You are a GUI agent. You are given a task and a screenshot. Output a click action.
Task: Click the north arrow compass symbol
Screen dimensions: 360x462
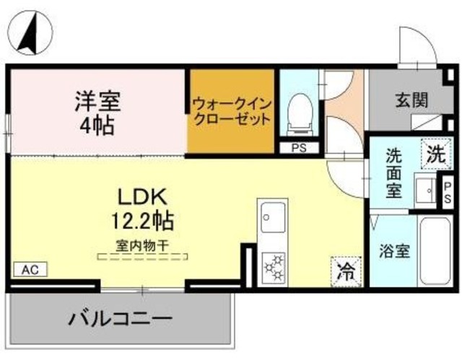point(30,32)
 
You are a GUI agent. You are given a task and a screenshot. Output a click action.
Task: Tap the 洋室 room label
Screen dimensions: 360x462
point(95,99)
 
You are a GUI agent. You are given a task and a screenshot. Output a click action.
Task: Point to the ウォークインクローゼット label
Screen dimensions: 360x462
point(232,111)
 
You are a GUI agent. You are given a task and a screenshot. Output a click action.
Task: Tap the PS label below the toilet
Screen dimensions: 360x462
point(299,149)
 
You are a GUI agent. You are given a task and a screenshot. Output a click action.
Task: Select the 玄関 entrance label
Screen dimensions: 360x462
point(411,101)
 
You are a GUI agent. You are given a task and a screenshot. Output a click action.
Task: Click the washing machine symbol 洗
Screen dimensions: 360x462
point(434,153)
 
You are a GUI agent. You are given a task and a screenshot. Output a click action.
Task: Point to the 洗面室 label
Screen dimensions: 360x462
point(393,173)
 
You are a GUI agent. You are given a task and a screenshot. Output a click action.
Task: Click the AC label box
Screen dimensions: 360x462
point(30,270)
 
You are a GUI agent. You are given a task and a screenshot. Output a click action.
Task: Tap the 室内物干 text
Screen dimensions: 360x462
point(141,245)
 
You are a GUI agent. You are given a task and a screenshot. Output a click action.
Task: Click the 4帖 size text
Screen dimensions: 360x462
point(95,127)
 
